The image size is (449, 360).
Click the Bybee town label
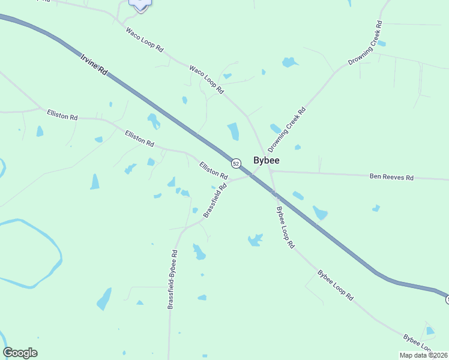tap(267, 161)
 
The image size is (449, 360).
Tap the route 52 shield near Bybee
tap(236, 163)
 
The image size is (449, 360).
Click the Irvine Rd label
tap(93, 64)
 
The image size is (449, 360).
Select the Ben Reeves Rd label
tap(391, 178)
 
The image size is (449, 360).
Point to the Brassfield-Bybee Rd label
tap(173, 280)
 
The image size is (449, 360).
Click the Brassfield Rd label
tap(215, 200)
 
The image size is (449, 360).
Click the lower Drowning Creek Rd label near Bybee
tap(287, 128)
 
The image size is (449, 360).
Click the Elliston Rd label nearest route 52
tap(214, 172)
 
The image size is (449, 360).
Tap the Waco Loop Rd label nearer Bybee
tap(206, 80)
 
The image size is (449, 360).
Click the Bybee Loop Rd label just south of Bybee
tap(285, 227)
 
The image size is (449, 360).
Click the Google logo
tap(20, 353)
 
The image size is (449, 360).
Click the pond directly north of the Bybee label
tap(233, 131)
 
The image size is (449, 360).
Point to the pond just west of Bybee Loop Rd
tap(256, 240)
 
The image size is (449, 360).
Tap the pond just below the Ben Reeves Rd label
tap(376, 208)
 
